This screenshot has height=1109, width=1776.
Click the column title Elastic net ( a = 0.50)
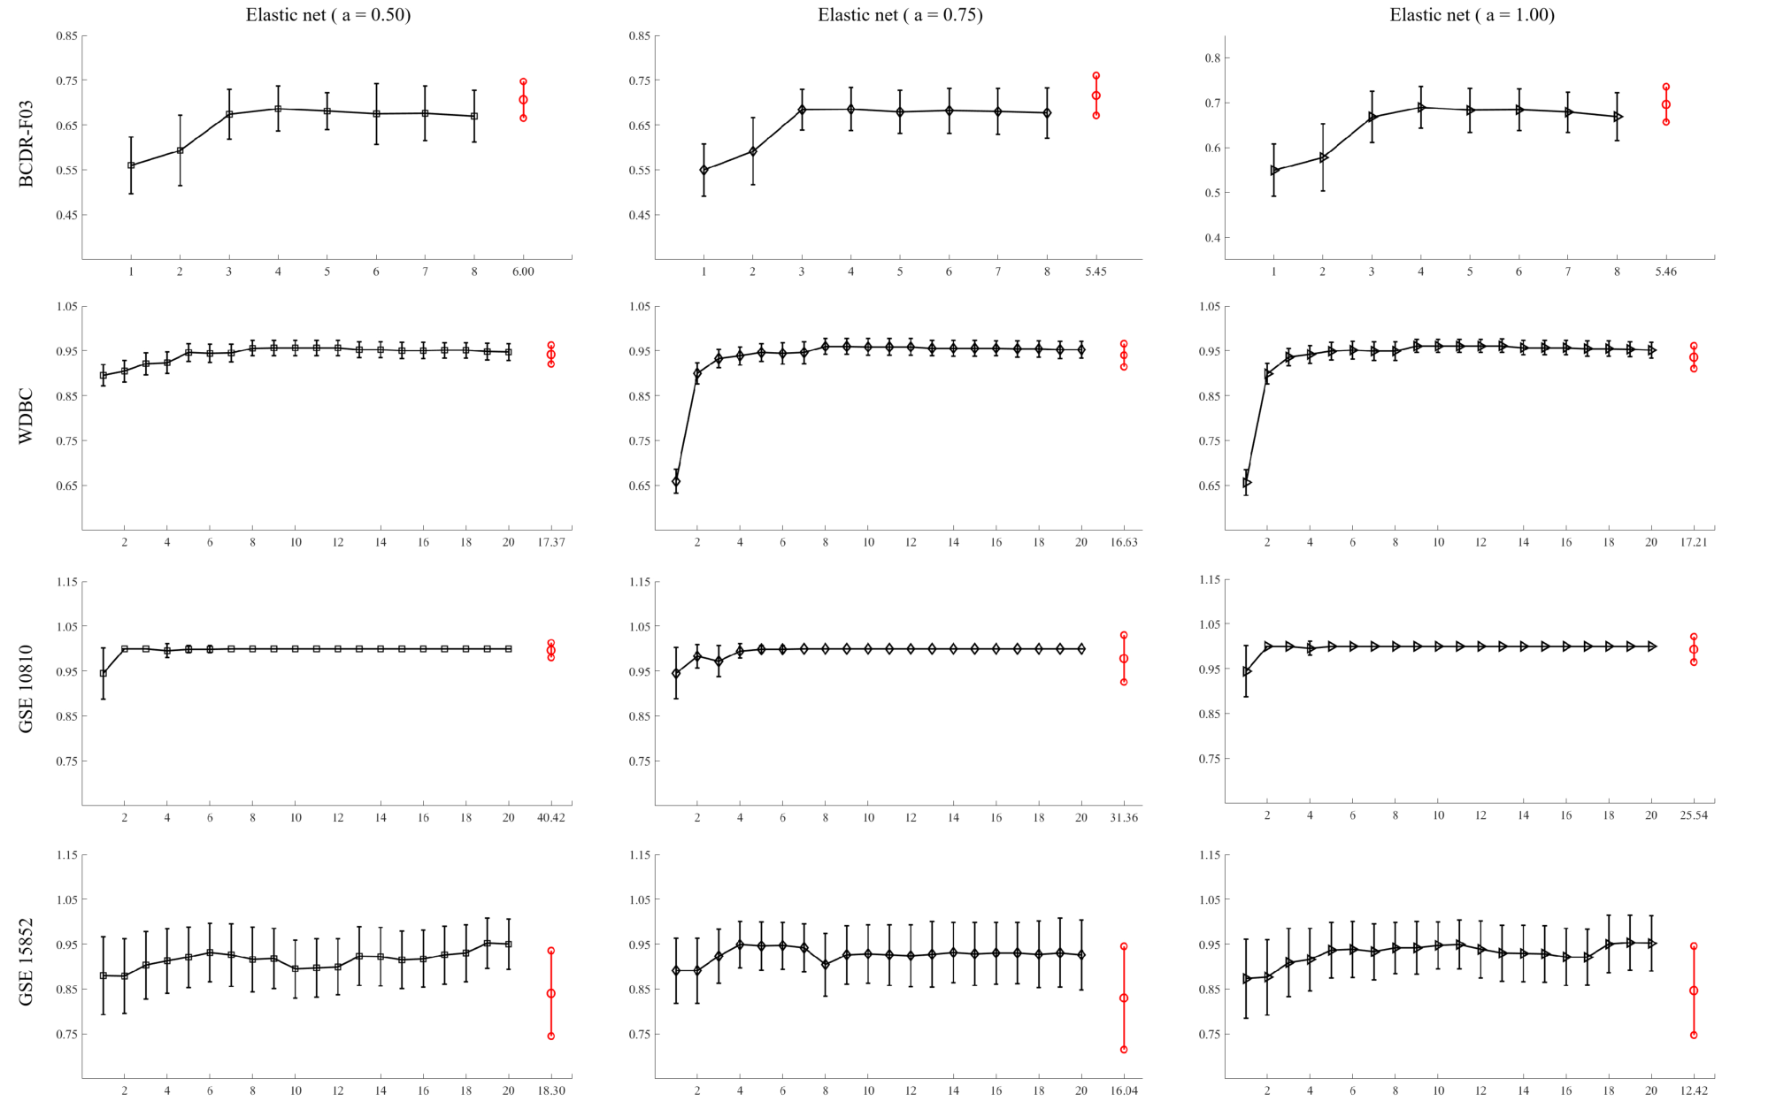(328, 15)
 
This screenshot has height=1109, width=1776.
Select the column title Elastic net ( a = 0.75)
(900, 15)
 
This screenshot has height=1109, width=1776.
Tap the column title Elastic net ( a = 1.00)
(1472, 15)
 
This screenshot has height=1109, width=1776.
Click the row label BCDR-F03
(26, 143)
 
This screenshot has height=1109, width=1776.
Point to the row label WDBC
(26, 416)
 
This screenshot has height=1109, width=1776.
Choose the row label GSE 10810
(26, 689)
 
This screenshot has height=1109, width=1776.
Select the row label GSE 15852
(26, 961)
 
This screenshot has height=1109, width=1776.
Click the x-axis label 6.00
(523, 272)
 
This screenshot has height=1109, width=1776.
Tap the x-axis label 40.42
(550, 817)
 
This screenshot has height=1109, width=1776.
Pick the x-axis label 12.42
(1694, 1090)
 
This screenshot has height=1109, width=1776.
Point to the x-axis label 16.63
(1124, 542)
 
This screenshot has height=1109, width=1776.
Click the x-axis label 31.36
(1124, 817)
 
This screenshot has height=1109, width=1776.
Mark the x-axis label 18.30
(550, 1090)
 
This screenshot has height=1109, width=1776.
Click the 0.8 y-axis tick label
(1212, 58)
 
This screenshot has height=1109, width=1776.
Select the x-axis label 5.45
(1096, 272)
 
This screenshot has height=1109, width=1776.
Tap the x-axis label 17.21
(1694, 542)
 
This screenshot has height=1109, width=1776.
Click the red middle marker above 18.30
(550, 993)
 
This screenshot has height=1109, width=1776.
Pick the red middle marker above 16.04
(1124, 998)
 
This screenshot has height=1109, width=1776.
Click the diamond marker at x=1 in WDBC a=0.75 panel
(676, 482)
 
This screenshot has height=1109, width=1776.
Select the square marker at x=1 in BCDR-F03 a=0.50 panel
(131, 165)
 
